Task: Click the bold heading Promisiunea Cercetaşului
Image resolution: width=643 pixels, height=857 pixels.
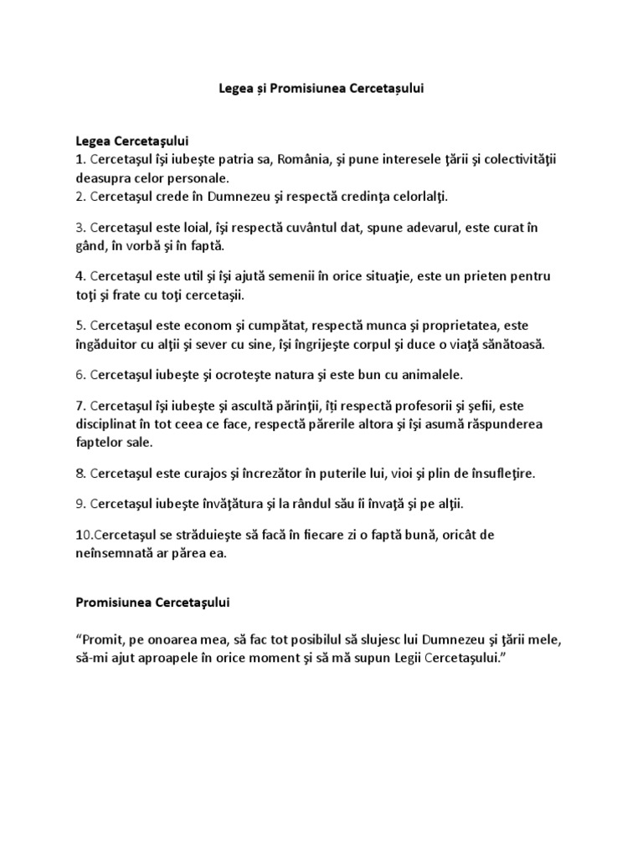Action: [x=153, y=602]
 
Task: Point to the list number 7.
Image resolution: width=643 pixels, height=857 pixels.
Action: [x=80, y=405]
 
